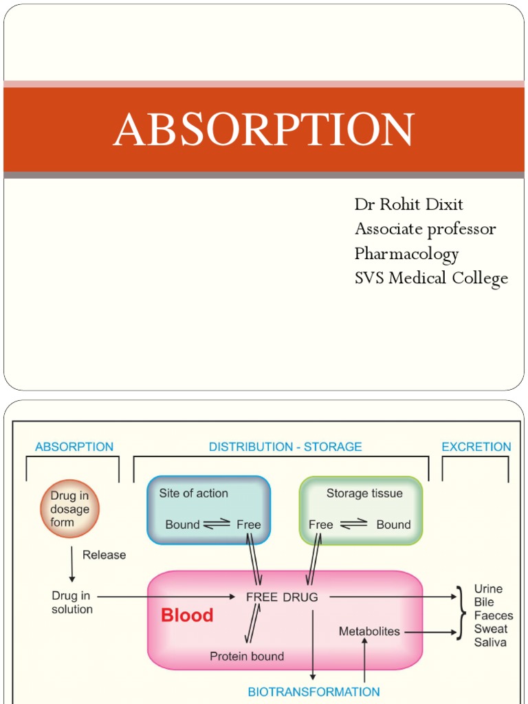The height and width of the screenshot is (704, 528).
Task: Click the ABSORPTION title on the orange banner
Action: point(264,129)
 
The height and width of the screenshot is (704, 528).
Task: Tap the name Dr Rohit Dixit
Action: point(408,204)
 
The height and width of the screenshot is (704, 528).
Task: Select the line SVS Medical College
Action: point(431,278)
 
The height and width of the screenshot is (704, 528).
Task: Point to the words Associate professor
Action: point(425,229)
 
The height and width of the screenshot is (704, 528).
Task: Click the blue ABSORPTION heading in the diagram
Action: point(74,447)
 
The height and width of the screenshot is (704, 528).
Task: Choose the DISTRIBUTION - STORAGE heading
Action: point(285,447)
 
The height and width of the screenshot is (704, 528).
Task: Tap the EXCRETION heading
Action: point(476,447)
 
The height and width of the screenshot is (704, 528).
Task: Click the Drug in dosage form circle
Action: point(69,509)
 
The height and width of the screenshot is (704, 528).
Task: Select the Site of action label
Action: point(193,493)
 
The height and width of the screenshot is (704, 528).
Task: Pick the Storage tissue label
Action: point(364,493)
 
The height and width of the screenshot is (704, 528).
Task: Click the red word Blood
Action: point(187,615)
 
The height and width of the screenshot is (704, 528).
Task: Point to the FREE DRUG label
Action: point(282,597)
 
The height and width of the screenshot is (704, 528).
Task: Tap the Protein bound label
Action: point(247,657)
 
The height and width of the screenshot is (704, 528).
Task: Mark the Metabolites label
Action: point(369,630)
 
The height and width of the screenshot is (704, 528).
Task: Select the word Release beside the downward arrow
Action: point(104,555)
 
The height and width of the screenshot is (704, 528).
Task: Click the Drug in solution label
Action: point(72,603)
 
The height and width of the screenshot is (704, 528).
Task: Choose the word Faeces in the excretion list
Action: point(491,615)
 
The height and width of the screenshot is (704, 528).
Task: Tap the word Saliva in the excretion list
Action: point(490,642)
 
